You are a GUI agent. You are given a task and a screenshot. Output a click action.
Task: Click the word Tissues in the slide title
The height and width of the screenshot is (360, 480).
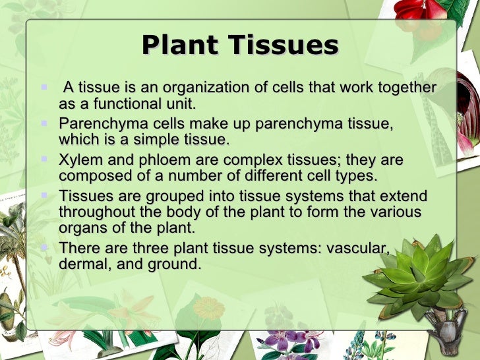(x=283, y=45)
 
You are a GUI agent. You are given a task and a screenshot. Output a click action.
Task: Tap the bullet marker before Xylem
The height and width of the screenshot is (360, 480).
(x=44, y=160)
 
